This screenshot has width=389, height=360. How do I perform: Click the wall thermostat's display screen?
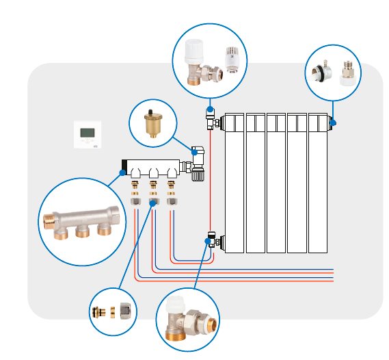tap(88, 133)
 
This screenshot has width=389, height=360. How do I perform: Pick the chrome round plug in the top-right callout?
tap(319, 72)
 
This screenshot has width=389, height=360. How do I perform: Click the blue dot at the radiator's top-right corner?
tap(333, 123)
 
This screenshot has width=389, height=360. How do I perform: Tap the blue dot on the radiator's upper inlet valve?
tap(209, 110)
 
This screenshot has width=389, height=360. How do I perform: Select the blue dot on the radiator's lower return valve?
tap(207, 237)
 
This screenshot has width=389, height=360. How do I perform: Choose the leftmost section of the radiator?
tap(234, 182)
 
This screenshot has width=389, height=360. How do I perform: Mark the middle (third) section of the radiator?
tap(276, 182)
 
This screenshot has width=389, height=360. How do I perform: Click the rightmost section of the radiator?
tap(318, 182)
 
